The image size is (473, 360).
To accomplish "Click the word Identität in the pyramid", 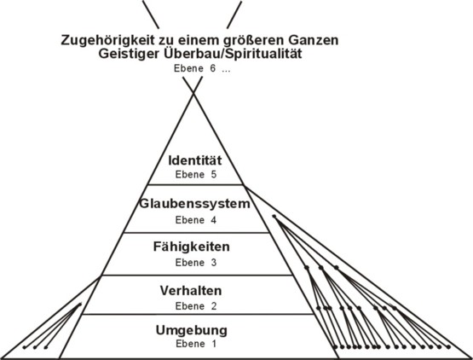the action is point(195,160).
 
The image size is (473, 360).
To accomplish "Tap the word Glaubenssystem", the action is point(194,204).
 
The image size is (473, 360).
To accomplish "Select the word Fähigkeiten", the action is point(192,247).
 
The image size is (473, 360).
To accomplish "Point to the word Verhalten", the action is point(191,291).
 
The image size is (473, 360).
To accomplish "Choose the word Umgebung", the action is point(192,330).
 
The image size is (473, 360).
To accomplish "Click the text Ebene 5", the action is point(196,175).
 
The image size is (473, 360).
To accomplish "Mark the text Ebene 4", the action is point(196,220).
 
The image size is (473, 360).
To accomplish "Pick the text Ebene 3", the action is point(196,263).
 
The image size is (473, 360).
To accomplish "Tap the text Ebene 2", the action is point(196,306).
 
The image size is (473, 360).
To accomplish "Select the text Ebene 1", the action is point(196,344).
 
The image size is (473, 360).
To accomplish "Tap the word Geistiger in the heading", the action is point(129,55).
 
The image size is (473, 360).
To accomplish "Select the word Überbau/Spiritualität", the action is point(233,54).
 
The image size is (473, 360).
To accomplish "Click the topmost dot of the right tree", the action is point(274,216).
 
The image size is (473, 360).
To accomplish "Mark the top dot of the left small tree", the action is point(80,305).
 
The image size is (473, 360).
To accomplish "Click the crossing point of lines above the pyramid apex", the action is point(193,93).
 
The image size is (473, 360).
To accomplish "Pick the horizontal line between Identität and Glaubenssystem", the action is point(195,184).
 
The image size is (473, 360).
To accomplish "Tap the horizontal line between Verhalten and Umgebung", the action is point(199,314).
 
